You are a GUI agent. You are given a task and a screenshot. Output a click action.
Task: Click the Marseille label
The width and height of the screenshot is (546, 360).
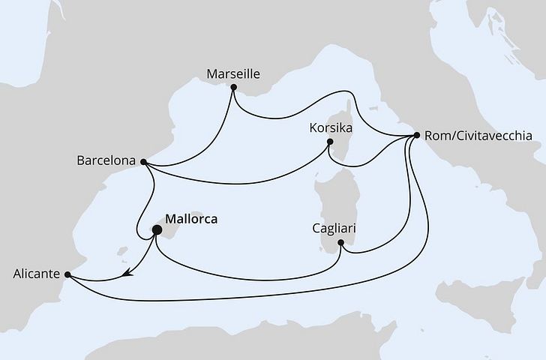point(232,74)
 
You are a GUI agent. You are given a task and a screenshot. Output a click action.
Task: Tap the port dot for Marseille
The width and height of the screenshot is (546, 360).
point(234,88)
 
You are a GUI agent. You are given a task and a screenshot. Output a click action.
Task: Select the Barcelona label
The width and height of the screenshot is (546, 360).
point(106,160)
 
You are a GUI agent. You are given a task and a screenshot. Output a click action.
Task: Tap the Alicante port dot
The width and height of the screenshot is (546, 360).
point(68,274)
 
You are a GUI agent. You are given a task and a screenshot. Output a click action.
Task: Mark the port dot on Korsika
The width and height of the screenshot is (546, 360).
point(329,142)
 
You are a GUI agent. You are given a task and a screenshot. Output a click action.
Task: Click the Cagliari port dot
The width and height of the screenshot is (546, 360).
point(341,242)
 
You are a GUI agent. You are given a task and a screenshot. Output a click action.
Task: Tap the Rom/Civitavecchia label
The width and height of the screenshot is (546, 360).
point(478,136)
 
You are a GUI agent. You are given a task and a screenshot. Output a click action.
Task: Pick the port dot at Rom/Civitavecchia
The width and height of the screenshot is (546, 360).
point(416,136)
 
